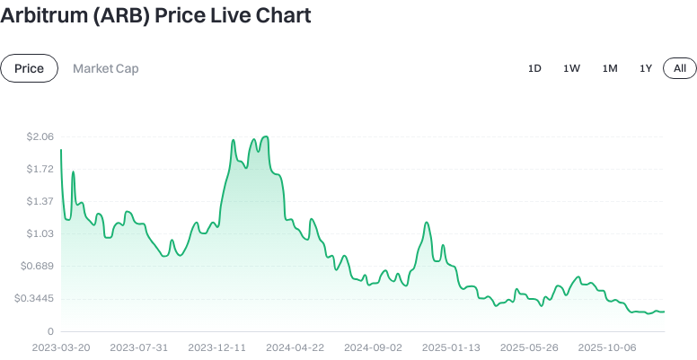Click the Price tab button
[x=29, y=68]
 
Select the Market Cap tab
[x=106, y=68]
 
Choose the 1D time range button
[x=534, y=68]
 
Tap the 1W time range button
[x=571, y=68]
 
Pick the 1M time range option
[x=610, y=68]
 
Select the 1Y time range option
[x=646, y=68]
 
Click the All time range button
[x=680, y=68]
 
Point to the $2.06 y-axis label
[x=40, y=136]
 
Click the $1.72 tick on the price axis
[x=40, y=169]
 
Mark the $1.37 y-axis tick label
[x=40, y=201]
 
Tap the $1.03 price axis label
[x=40, y=233]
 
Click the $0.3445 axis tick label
[x=35, y=298]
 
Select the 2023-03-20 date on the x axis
[x=60, y=347]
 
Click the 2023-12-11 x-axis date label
[x=217, y=347]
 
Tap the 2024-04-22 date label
[x=296, y=347]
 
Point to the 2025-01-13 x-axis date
[x=452, y=347]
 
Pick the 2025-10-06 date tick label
[x=608, y=347]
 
